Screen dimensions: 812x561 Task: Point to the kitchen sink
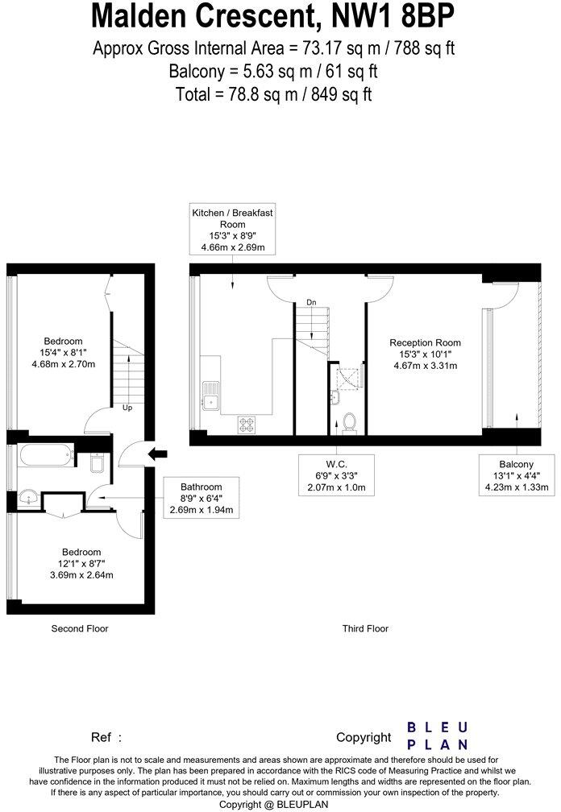click(x=212, y=396)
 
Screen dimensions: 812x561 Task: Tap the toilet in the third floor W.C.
click(x=349, y=422)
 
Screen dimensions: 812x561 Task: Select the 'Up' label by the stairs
click(x=127, y=408)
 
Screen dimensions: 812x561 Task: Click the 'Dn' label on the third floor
click(x=311, y=302)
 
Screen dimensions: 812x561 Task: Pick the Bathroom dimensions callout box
click(x=201, y=499)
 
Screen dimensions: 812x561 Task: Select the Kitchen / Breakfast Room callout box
click(x=232, y=230)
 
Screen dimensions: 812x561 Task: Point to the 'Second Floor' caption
click(x=80, y=628)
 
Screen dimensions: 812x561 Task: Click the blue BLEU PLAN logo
click(x=436, y=735)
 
